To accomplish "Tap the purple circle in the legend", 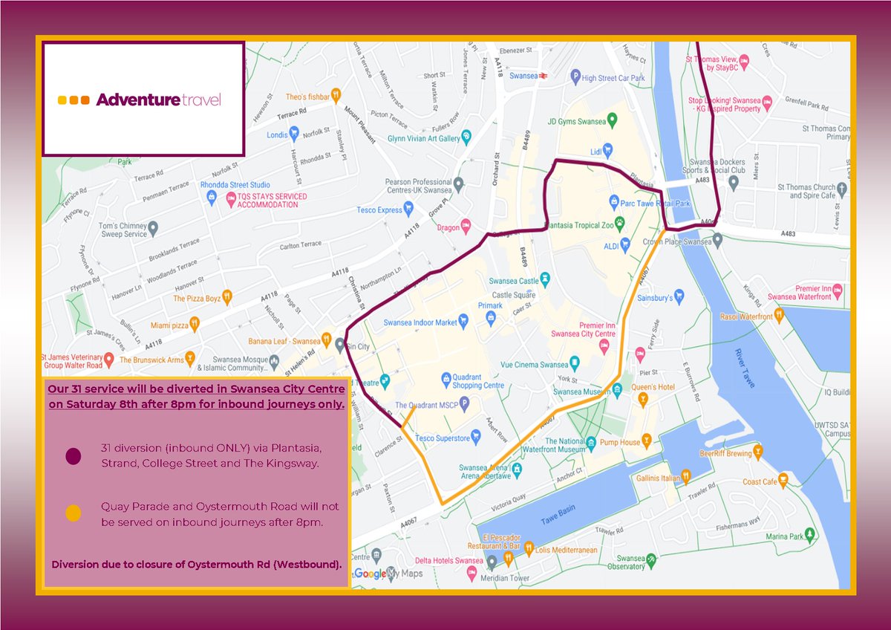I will pos(73,456).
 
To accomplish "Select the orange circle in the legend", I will pos(73,513).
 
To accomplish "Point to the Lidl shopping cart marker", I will pos(607,149).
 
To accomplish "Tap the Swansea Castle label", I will pos(513,282).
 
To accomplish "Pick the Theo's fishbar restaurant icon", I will pos(336,94).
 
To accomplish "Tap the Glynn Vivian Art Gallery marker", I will pos(466,136).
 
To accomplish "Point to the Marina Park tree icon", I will pos(811,534).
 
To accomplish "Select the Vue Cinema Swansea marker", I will pos(575,363).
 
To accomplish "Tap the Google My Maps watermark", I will pos(380,574).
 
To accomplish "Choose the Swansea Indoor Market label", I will pos(420,322).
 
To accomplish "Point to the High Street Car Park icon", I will pos(574,77).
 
